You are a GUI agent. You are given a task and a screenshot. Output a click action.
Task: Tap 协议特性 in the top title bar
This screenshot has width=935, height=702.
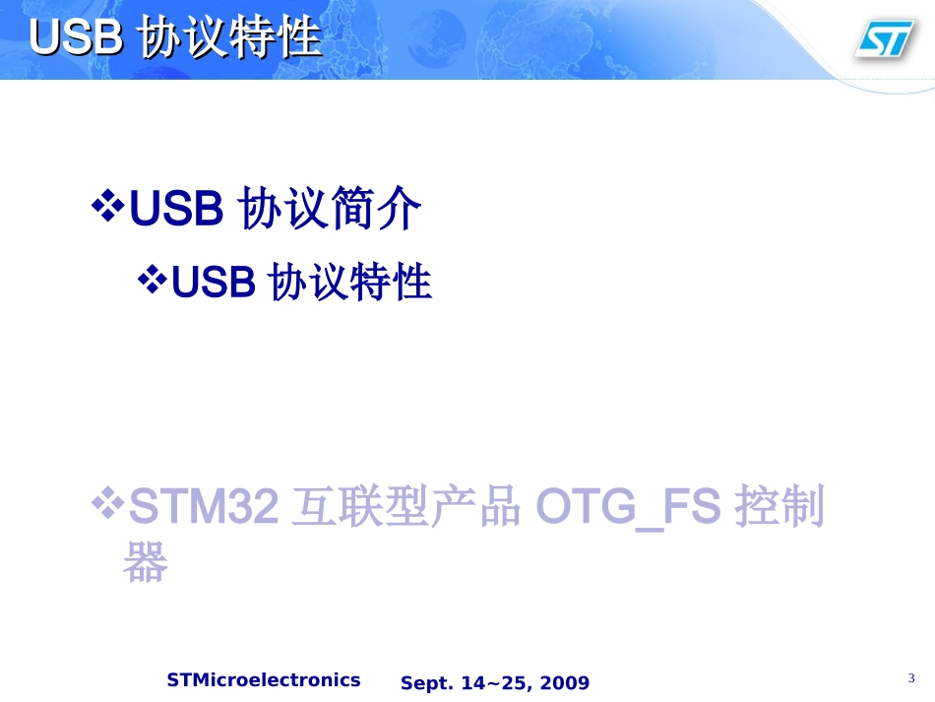(231, 38)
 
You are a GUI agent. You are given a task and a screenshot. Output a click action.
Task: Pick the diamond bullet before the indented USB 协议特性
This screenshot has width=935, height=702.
(152, 281)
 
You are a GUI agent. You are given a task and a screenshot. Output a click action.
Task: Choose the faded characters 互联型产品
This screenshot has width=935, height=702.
(405, 509)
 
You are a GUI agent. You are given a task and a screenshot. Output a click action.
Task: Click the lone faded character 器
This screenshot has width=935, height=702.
(145, 563)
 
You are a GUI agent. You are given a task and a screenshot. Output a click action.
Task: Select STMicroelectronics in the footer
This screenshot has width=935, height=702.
(264, 680)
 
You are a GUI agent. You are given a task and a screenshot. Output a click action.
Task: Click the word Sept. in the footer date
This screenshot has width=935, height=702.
(424, 683)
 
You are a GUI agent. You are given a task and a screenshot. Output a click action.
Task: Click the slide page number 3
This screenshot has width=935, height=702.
(911, 678)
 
